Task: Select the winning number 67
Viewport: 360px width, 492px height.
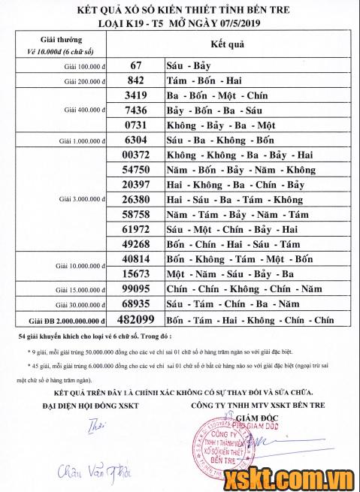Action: click(136, 66)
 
